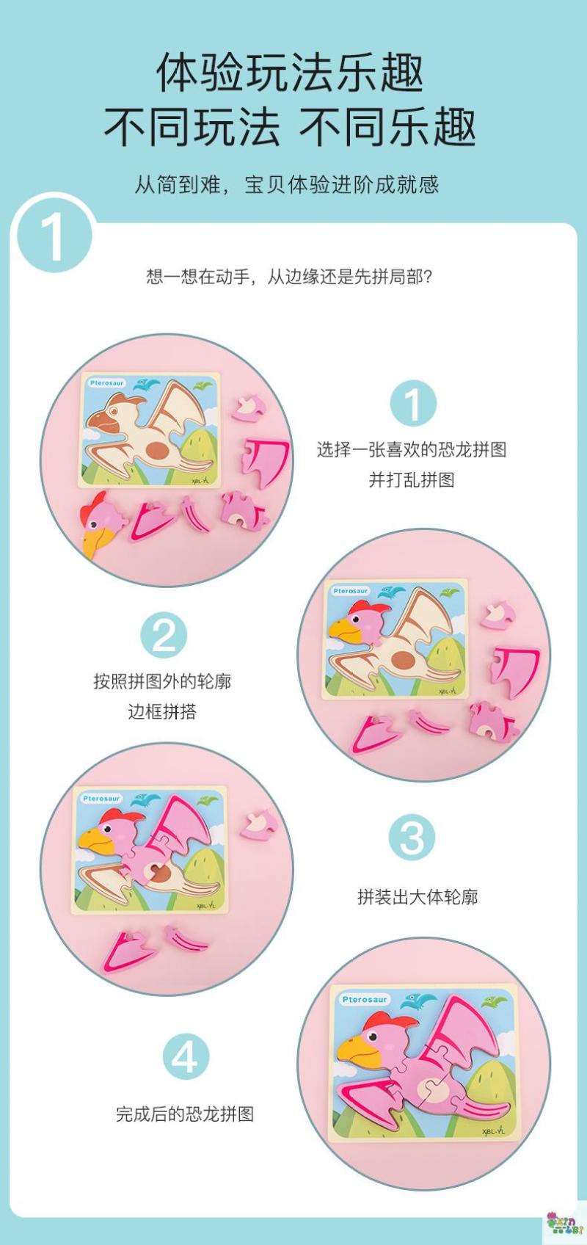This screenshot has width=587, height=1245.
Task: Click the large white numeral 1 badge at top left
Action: coord(54,237)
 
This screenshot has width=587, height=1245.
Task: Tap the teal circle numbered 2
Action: coord(164,635)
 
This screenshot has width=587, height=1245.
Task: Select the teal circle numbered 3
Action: coord(412,838)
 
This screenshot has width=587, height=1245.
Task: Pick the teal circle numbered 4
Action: coord(186,1056)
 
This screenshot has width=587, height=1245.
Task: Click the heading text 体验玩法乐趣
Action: coord(290,73)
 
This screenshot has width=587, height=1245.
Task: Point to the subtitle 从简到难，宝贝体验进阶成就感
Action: coord(287,184)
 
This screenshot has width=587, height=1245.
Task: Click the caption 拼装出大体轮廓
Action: coord(418,897)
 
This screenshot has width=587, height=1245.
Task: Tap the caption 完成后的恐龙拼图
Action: coord(185,1114)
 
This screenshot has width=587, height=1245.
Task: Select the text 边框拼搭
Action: coord(162,712)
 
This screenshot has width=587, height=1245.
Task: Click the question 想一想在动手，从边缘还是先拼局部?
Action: coord(289,276)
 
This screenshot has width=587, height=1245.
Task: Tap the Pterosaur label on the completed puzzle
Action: coord(364,999)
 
